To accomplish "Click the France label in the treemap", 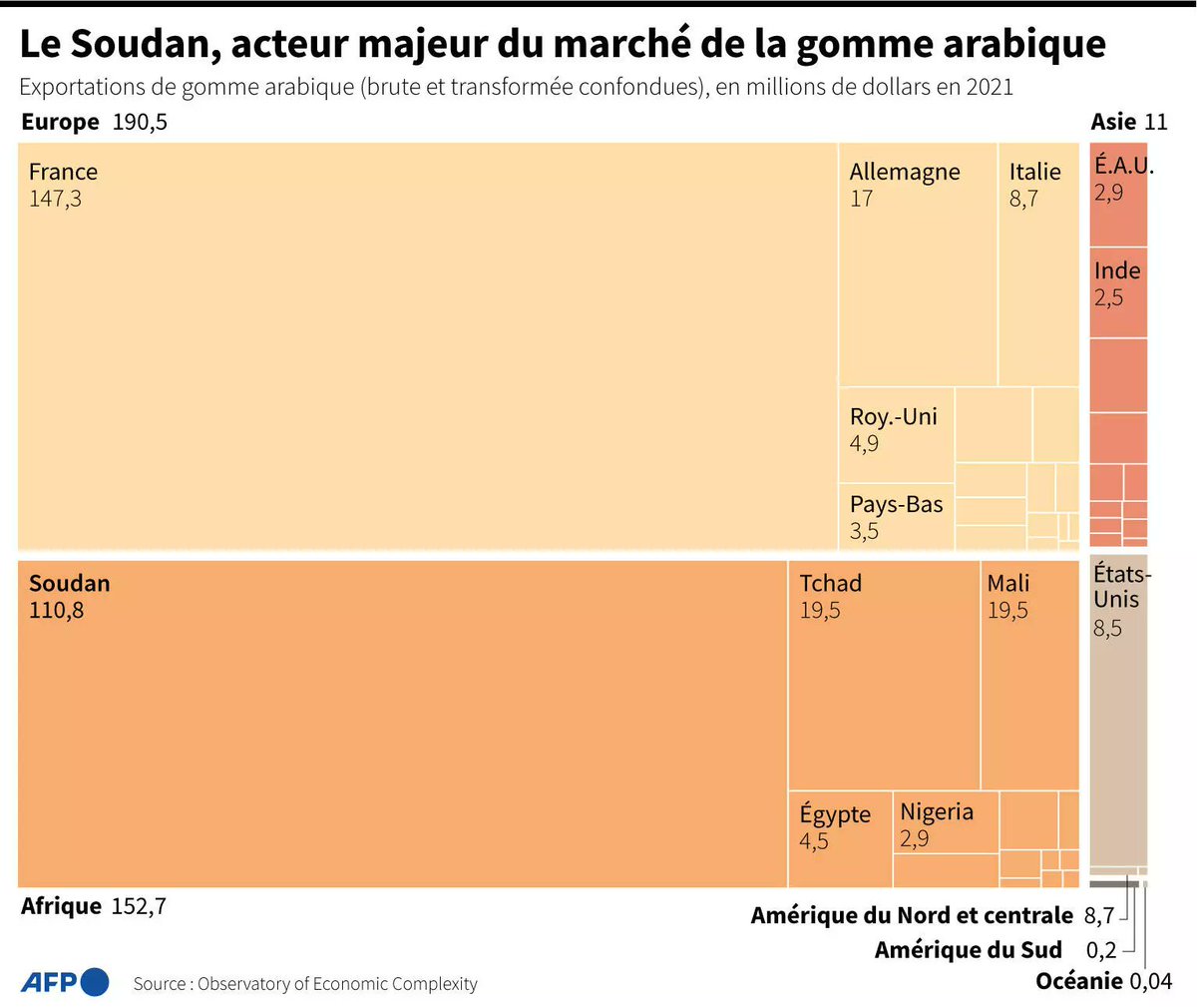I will pyautogui.click(x=63, y=172).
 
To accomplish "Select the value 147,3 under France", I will pyautogui.click(x=55, y=199).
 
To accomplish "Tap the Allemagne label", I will pyautogui.click(x=904, y=172).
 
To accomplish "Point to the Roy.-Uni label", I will pyautogui.click(x=893, y=416).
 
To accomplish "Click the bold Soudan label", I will pyautogui.click(x=69, y=583).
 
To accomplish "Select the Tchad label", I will pyautogui.click(x=830, y=583).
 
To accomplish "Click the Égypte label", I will pyautogui.click(x=835, y=813).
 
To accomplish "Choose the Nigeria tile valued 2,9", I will pyautogui.click(x=944, y=823).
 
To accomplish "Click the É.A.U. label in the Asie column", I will pyautogui.click(x=1121, y=166).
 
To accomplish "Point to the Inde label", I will pyautogui.click(x=1116, y=270).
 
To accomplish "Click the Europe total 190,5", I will pyautogui.click(x=139, y=122).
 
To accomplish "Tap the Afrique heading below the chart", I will pyautogui.click(x=61, y=906).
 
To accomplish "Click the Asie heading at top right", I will pyautogui.click(x=1113, y=122).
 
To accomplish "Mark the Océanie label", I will pyautogui.click(x=1079, y=981).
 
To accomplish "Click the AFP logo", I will pyautogui.click(x=65, y=982).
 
